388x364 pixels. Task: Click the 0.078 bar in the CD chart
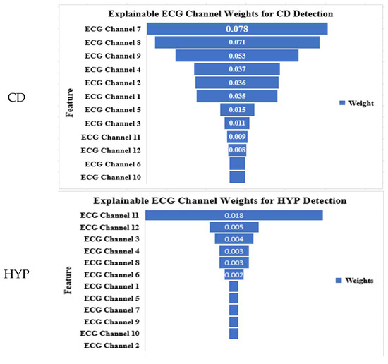tap(237, 29)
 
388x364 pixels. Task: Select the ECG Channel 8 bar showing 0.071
tap(237, 42)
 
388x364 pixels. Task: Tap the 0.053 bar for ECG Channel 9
tap(237, 56)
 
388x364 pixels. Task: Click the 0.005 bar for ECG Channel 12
tap(234, 227)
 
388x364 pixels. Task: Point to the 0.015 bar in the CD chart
tap(237, 110)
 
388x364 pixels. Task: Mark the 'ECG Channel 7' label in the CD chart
tap(112, 29)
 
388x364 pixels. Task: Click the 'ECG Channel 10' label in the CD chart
tap(110, 177)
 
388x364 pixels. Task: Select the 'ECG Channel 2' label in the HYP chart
tap(112, 346)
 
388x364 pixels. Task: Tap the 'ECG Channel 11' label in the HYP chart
tap(110, 215)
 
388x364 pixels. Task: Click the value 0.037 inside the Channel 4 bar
tap(237, 69)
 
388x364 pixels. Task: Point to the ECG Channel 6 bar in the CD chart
tap(238, 164)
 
